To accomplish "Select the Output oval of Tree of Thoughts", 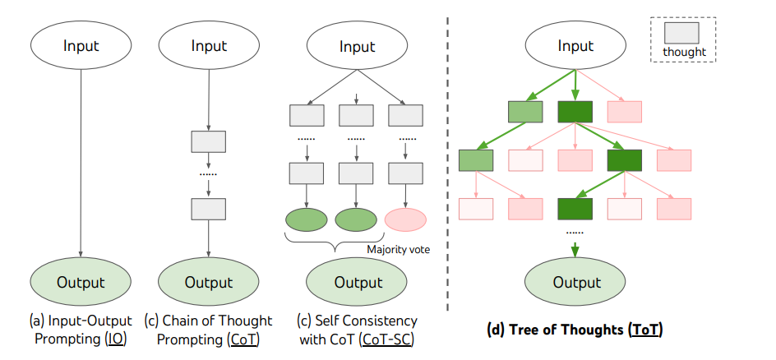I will coord(575,283).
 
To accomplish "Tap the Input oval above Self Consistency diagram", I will coord(357,46).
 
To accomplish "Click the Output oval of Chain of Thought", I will coord(208,282).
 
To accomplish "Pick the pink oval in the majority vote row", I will coord(405,219).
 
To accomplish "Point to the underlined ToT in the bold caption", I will coord(644,330).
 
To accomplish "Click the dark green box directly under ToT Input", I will coord(575,111).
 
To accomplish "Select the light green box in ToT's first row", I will coord(525,111).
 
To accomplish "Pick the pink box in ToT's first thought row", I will coord(624,111).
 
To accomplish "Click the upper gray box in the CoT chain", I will coord(208,141).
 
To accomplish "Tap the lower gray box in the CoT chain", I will coord(208,208).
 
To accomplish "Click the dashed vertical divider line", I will coord(448,164).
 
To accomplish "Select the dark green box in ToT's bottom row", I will coord(575,209).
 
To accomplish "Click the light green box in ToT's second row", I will coord(476,160).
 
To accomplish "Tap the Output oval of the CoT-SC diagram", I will coord(357,283).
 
